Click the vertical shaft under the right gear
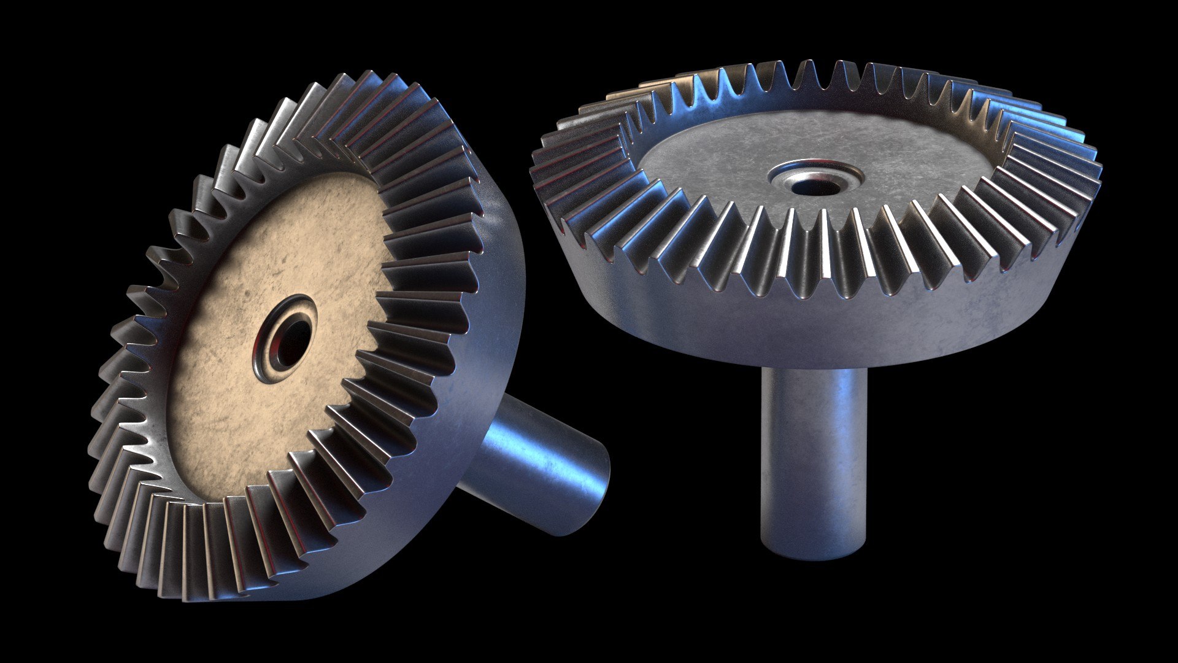814,454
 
